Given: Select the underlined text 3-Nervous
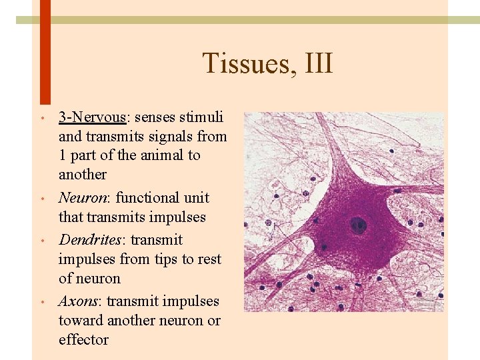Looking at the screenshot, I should pos(92,117).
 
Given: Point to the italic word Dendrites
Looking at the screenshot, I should pos(87,240).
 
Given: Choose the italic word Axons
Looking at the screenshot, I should pos(77,301).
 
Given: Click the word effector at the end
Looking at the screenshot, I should pos(83,340).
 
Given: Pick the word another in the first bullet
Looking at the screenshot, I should pos(83,175).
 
